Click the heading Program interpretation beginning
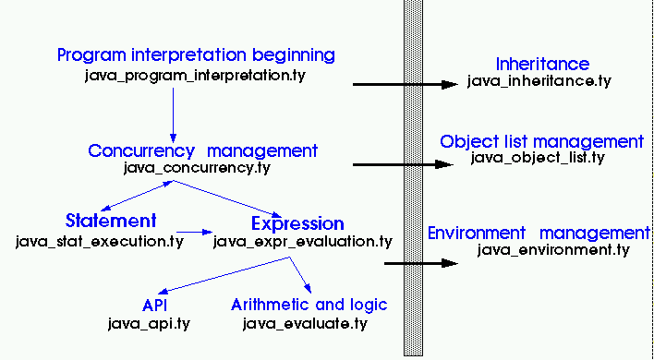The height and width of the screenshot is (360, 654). tap(196, 55)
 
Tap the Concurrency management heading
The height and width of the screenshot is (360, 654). tap(203, 150)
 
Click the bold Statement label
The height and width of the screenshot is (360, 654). tap(111, 222)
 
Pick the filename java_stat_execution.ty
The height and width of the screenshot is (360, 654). tap(100, 241)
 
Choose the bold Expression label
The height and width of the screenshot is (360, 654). tap(297, 223)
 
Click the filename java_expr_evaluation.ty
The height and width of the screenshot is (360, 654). tap(302, 241)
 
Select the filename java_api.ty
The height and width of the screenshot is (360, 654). tap(150, 323)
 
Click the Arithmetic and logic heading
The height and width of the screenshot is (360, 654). tap(309, 305)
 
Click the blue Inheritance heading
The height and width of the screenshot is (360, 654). tap(542, 65)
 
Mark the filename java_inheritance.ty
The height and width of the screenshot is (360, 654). tap(539, 82)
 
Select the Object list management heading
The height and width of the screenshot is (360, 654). tap(541, 141)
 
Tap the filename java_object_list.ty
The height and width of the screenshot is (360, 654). tap(537, 158)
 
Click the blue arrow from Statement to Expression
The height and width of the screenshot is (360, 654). tap(193, 232)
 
